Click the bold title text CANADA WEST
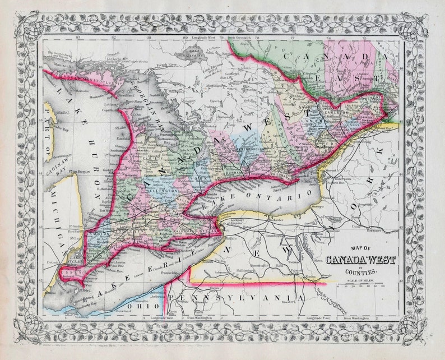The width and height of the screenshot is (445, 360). coord(361,260)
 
